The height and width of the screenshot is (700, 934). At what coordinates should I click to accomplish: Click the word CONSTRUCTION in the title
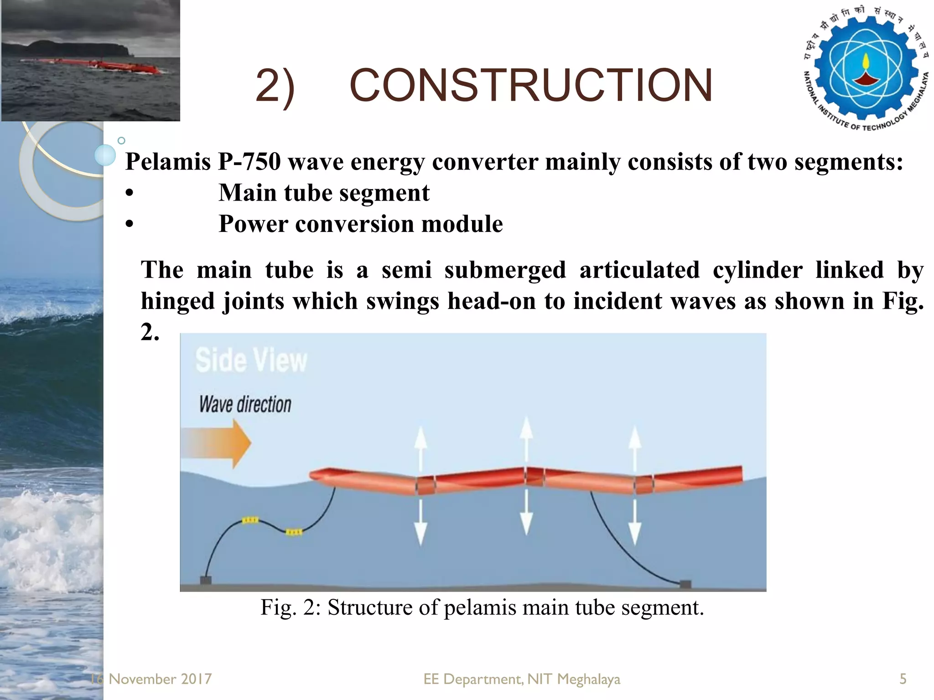[531, 85]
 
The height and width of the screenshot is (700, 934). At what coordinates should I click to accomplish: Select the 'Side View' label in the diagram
[251, 360]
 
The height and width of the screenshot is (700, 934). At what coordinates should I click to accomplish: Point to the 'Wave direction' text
[245, 404]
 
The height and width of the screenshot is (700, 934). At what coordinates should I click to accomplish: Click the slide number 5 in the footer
[903, 679]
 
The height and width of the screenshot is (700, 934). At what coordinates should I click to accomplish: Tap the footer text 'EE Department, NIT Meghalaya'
[522, 679]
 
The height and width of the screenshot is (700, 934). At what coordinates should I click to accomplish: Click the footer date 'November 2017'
[160, 679]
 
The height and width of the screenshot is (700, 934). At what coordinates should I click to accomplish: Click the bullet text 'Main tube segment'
[324, 193]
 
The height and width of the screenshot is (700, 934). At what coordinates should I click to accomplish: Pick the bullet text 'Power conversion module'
[360, 224]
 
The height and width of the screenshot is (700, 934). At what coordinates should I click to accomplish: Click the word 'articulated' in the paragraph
[639, 270]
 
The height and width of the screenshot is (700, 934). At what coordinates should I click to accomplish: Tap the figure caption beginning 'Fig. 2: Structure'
[482, 607]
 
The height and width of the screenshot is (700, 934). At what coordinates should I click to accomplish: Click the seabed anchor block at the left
[206, 580]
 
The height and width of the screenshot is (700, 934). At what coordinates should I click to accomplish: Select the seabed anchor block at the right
[685, 584]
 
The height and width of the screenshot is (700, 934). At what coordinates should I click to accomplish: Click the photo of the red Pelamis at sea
[90, 60]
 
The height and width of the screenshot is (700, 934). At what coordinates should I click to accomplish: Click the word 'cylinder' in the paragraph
[758, 270]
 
